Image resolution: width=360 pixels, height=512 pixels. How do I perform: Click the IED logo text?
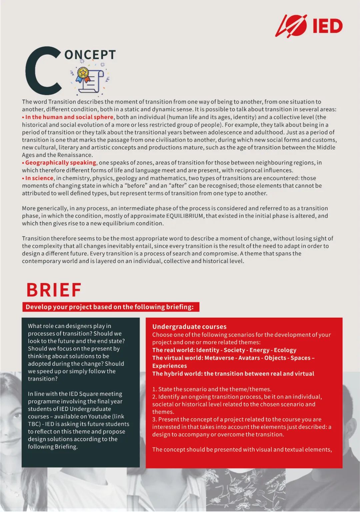pyautogui.click(x=328, y=26)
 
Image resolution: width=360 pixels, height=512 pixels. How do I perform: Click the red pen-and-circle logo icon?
pyautogui.click(x=291, y=25)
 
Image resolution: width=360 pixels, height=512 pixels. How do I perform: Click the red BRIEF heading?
pyautogui.click(x=54, y=290)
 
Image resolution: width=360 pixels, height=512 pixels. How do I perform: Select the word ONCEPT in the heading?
pyautogui.click(x=90, y=55)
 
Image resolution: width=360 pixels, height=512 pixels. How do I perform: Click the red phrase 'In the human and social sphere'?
pyautogui.click(x=69, y=117)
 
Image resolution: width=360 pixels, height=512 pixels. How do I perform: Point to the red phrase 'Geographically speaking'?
pyautogui.click(x=61, y=163)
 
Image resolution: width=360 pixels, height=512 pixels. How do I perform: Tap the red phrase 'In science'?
pyautogui.click(x=39, y=178)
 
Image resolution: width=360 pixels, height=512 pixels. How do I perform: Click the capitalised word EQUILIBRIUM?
pyautogui.click(x=185, y=216)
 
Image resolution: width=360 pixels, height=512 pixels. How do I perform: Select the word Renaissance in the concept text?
pyautogui.click(x=75, y=155)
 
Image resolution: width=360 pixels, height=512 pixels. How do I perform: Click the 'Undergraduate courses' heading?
pyautogui.click(x=189, y=327)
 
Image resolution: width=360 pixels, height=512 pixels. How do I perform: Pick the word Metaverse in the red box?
pyautogui.click(x=219, y=358)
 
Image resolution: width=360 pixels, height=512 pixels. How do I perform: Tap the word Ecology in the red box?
pyautogui.click(x=285, y=350)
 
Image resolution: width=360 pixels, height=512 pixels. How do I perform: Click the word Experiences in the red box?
pyautogui.click(x=170, y=366)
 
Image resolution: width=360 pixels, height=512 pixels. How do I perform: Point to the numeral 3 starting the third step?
pyautogui.click(x=154, y=419)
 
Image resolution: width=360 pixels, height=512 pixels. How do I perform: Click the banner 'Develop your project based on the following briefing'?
pyautogui.click(x=110, y=307)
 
